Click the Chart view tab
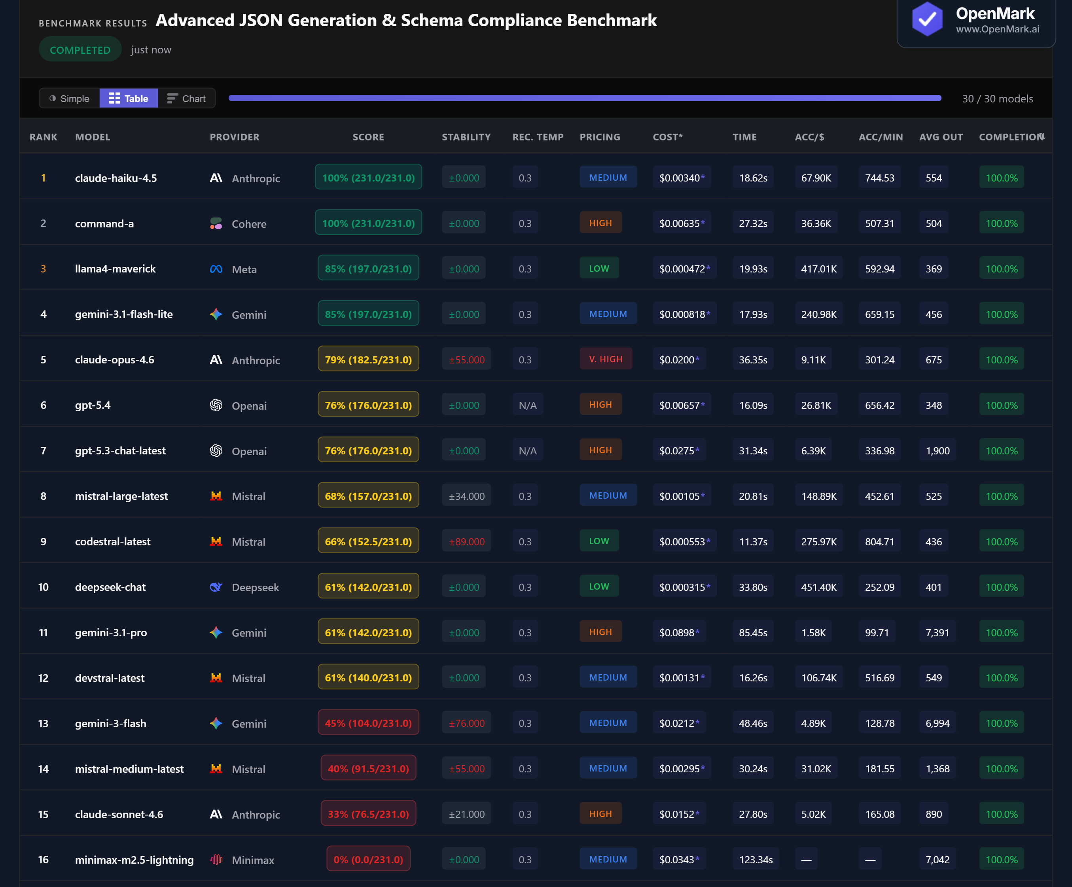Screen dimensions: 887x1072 pyautogui.click(x=187, y=98)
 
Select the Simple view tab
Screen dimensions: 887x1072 pyautogui.click(x=70, y=98)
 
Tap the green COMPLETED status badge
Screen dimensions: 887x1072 pyautogui.click(x=80, y=50)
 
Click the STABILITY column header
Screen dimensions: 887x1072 pyautogui.click(x=466, y=137)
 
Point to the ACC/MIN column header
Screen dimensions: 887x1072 pyautogui.click(x=881, y=137)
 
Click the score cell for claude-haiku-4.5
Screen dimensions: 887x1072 pyautogui.click(x=368, y=178)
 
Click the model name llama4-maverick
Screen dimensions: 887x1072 pyautogui.click(x=116, y=269)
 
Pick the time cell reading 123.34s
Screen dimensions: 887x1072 pyautogui.click(x=756, y=859)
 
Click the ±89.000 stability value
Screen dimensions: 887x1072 pyautogui.click(x=466, y=541)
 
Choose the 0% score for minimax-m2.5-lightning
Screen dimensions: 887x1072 pyautogui.click(x=368, y=859)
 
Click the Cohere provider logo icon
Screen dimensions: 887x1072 pyautogui.click(x=216, y=223)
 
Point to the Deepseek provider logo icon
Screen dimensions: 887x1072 pyautogui.click(x=216, y=587)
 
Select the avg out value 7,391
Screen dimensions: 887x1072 pyautogui.click(x=937, y=632)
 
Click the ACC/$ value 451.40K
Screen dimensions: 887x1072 pyautogui.click(x=818, y=587)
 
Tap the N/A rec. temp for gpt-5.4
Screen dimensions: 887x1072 pyautogui.click(x=527, y=405)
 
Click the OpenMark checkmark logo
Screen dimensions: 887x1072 pyautogui.click(x=927, y=19)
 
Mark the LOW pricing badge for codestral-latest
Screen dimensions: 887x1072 pyautogui.click(x=599, y=541)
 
